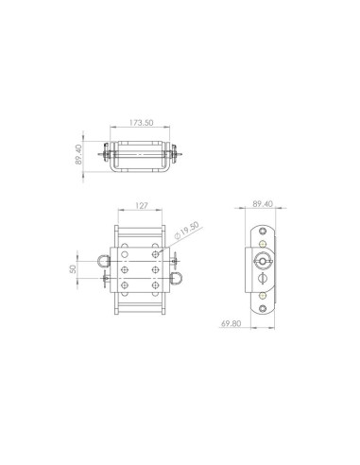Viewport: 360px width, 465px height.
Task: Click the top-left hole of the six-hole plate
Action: tap(126, 251)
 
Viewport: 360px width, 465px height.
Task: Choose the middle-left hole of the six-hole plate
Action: tap(126, 268)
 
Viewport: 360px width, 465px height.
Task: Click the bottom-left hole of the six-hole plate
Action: tap(126, 285)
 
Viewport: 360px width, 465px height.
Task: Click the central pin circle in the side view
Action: tap(262, 261)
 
